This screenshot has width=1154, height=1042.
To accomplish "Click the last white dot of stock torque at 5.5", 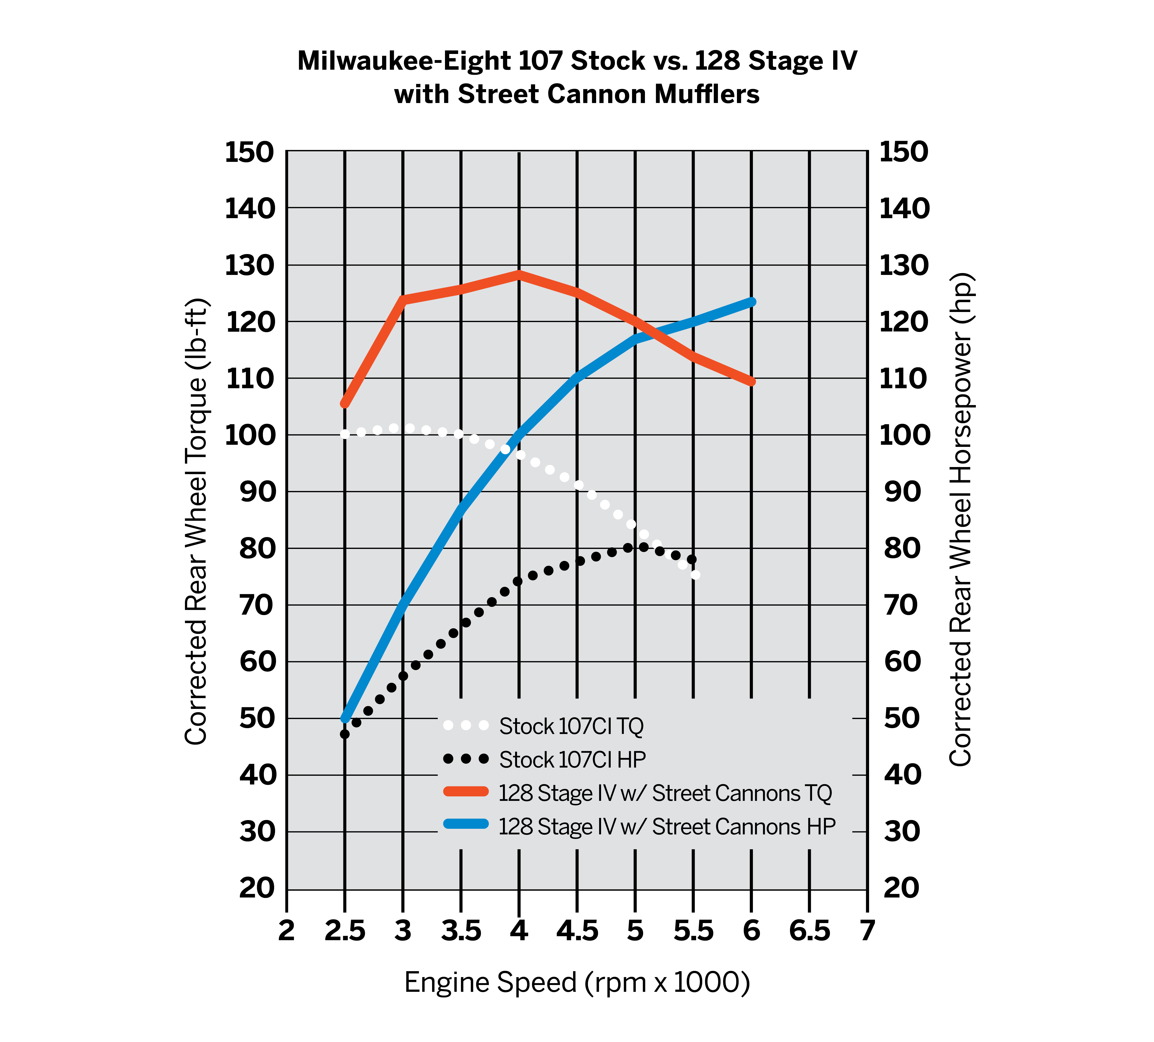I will pyautogui.click(x=695, y=574).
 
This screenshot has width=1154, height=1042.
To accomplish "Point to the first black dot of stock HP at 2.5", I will pyautogui.click(x=345, y=734).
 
